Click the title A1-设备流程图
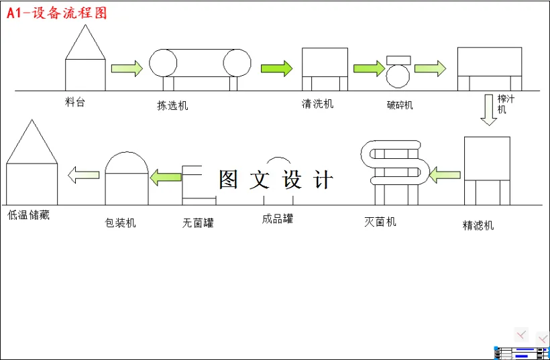pos(57,13)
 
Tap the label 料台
pos(75,103)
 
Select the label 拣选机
pos(172,105)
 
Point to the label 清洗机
pos(317,104)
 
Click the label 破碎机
pos(400,105)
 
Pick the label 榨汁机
pos(506,104)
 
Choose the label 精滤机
pos(478,225)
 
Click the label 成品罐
pos(278,219)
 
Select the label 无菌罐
pos(198,223)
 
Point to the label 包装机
pos(121,223)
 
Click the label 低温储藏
pos(28,216)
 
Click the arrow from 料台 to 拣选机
pos(127,68)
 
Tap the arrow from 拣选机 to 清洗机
pos(277,68)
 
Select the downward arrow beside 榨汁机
pos(489,110)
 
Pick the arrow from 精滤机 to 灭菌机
pos(444,176)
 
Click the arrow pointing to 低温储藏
pos(84,175)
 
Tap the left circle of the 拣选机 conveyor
pos(163,62)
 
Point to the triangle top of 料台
pos(85,43)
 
